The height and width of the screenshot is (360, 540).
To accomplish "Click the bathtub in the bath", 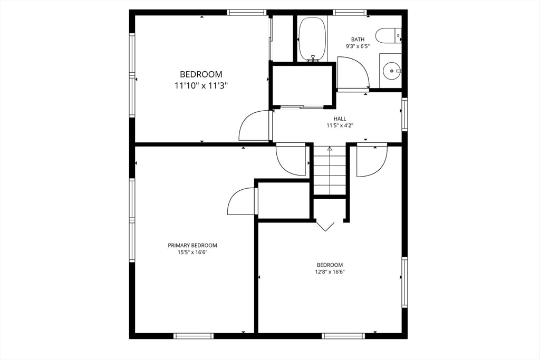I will coord(312,39).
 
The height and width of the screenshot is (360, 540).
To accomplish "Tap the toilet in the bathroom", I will coord(388,36).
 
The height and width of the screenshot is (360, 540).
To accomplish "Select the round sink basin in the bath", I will coord(391,70).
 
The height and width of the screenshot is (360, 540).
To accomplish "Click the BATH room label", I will coord(358,40).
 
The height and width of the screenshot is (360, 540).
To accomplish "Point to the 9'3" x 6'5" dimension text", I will coord(358,46).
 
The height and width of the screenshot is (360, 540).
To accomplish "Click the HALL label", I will coord(340,119).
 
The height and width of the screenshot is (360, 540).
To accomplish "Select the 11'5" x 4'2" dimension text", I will coord(340,125).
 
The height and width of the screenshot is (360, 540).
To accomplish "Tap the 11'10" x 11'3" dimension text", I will coord(201,85).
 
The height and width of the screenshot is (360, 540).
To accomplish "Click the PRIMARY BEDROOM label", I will coord(192,246).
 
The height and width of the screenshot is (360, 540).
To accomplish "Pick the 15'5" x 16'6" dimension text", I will coord(192,252).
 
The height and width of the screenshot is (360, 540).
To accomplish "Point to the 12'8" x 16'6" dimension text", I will coord(330,272).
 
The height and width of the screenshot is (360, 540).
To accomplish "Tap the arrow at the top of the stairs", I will coord(330,149).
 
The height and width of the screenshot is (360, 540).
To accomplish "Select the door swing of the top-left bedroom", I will coord(255,127).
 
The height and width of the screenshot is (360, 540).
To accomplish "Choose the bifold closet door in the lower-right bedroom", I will coord(325,226).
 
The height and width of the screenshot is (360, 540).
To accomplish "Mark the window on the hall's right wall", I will coord(404,114).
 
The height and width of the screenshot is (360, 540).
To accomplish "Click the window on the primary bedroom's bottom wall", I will coord(194,336).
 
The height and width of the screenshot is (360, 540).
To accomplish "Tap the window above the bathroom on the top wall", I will coord(350,12).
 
